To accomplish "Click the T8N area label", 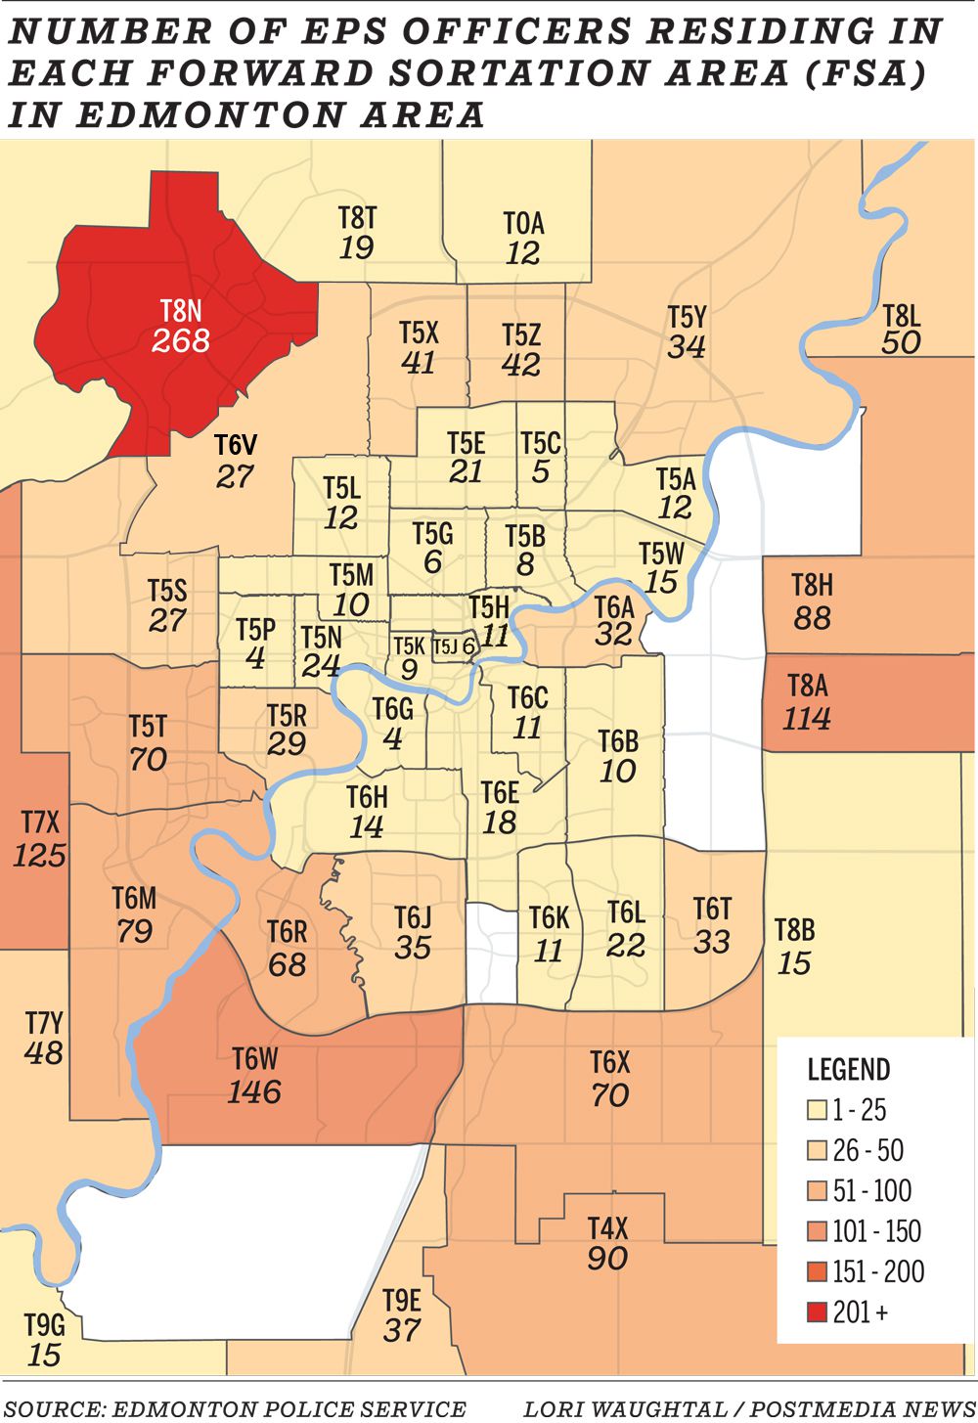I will pyautogui.click(x=181, y=311).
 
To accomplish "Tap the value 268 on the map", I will pyautogui.click(x=181, y=340).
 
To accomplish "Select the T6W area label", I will pyautogui.click(x=255, y=1059).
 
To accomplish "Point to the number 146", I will pyautogui.click(x=254, y=1091).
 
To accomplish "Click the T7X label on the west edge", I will pyautogui.click(x=40, y=823).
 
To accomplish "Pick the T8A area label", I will pyautogui.click(x=808, y=686).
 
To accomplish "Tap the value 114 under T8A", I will pyautogui.click(x=807, y=719).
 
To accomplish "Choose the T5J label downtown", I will pyautogui.click(x=445, y=646).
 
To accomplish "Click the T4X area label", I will pyautogui.click(x=607, y=1227).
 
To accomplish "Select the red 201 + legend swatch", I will pyautogui.click(x=817, y=1312).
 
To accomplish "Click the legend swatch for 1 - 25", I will pyautogui.click(x=817, y=1111).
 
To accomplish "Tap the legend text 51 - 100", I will pyautogui.click(x=871, y=1191).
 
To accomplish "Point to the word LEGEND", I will pyautogui.click(x=849, y=1069).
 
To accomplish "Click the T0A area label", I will pyautogui.click(x=523, y=223).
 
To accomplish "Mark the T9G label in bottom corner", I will pyautogui.click(x=45, y=1325).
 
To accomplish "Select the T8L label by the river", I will pyautogui.click(x=901, y=315).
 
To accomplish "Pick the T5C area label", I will pyautogui.click(x=541, y=443).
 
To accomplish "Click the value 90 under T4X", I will pyautogui.click(x=607, y=1259).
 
